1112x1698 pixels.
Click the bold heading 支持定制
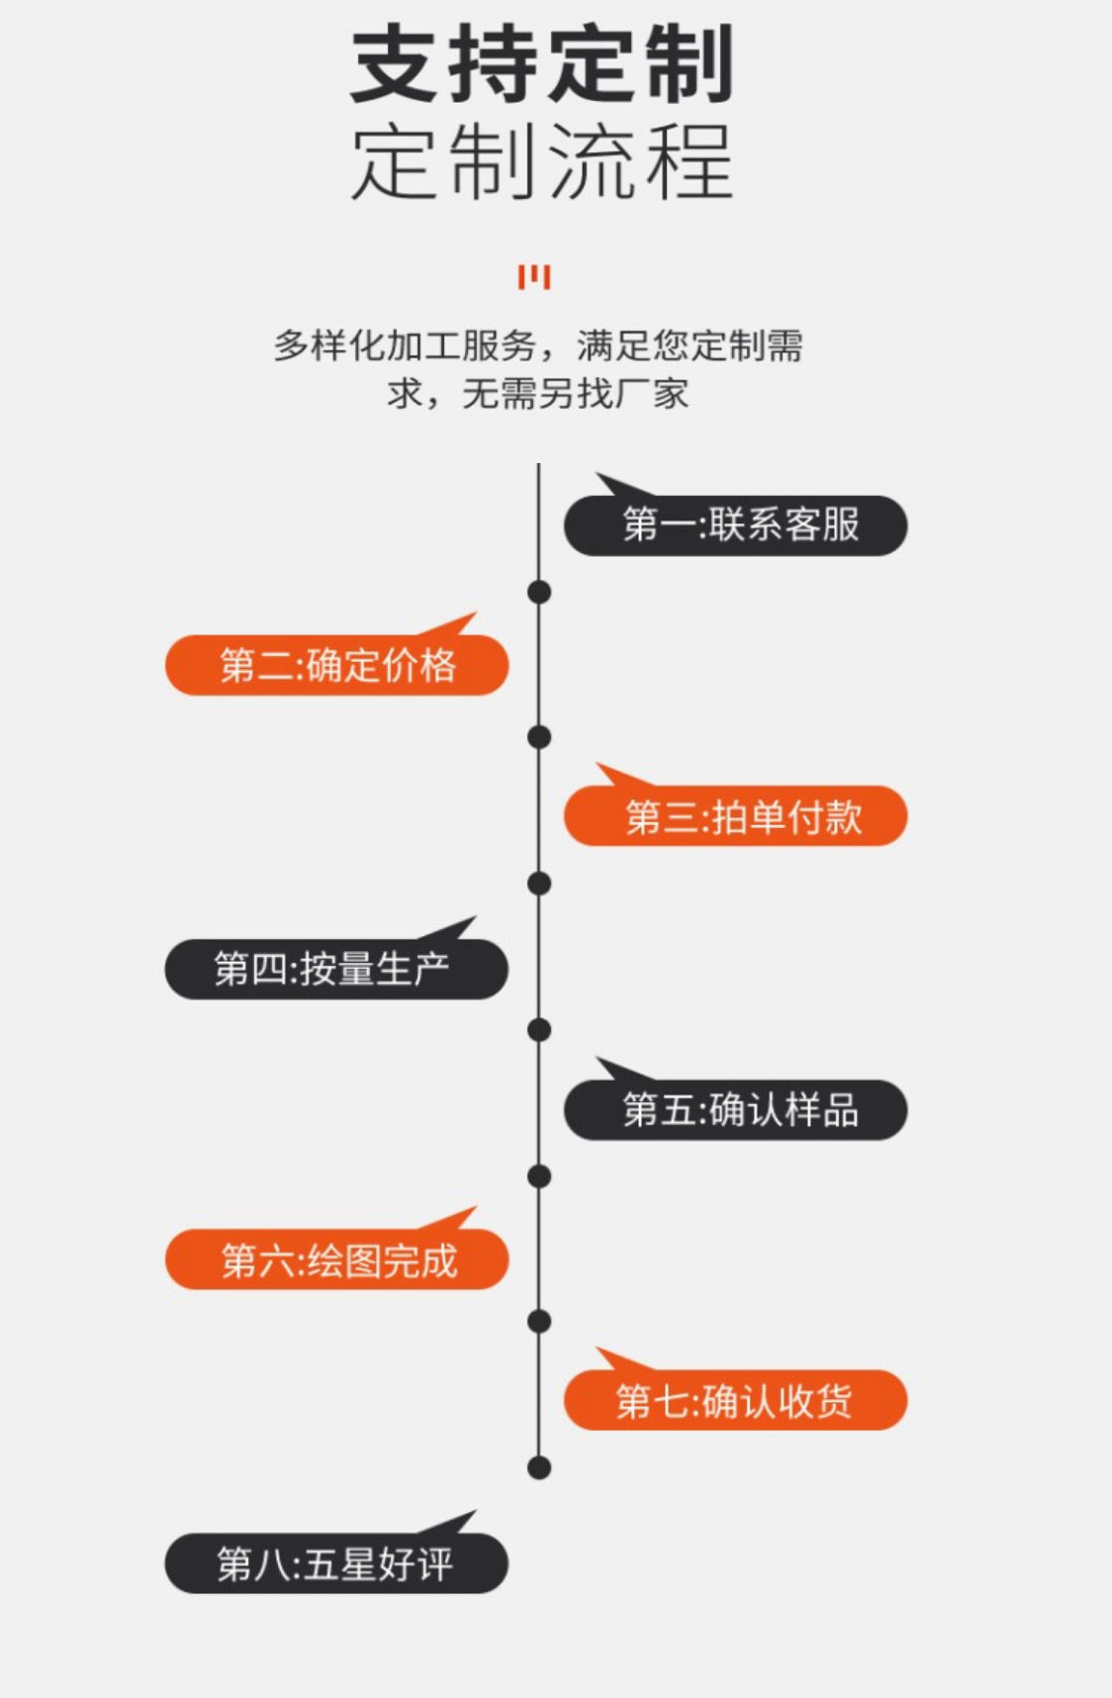coord(542,65)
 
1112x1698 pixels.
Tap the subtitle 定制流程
coord(542,161)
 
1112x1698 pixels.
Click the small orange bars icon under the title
coord(534,277)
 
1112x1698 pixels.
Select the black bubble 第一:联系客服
coord(735,525)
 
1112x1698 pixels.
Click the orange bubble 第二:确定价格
coord(336,665)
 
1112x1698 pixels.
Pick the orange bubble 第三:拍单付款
coord(735,816)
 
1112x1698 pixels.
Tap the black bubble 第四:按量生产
coord(336,969)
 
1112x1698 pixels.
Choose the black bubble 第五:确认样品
coord(735,1110)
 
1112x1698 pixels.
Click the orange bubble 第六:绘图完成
coord(336,1260)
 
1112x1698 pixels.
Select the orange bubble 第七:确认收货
coord(735,1400)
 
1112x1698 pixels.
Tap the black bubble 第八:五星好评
coord(336,1563)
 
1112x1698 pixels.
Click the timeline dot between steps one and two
coord(539,592)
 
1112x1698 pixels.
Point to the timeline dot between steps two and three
coord(539,737)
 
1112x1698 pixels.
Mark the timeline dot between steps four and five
coord(539,1030)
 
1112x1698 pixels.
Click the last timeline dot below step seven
coord(539,1467)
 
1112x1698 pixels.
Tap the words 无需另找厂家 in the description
coord(575,394)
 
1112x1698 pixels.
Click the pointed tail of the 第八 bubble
coord(457,1521)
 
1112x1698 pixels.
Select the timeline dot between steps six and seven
coord(539,1321)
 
